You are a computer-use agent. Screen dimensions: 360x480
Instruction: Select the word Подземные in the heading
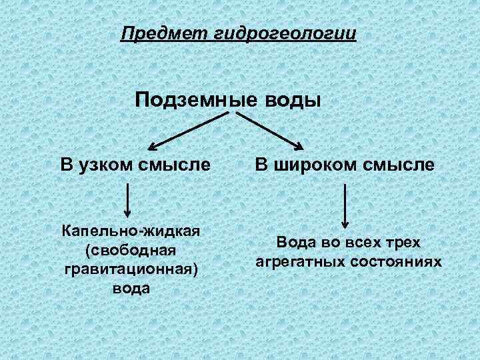(x=189, y=99)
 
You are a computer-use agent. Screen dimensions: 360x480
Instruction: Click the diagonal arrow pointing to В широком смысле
(x=270, y=131)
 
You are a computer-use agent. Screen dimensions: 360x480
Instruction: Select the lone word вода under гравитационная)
(x=131, y=288)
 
